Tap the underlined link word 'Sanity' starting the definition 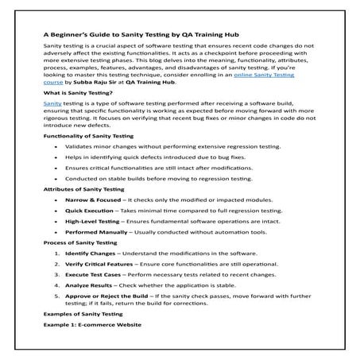52,103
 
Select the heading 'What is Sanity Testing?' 77,93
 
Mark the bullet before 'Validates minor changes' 53,147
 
